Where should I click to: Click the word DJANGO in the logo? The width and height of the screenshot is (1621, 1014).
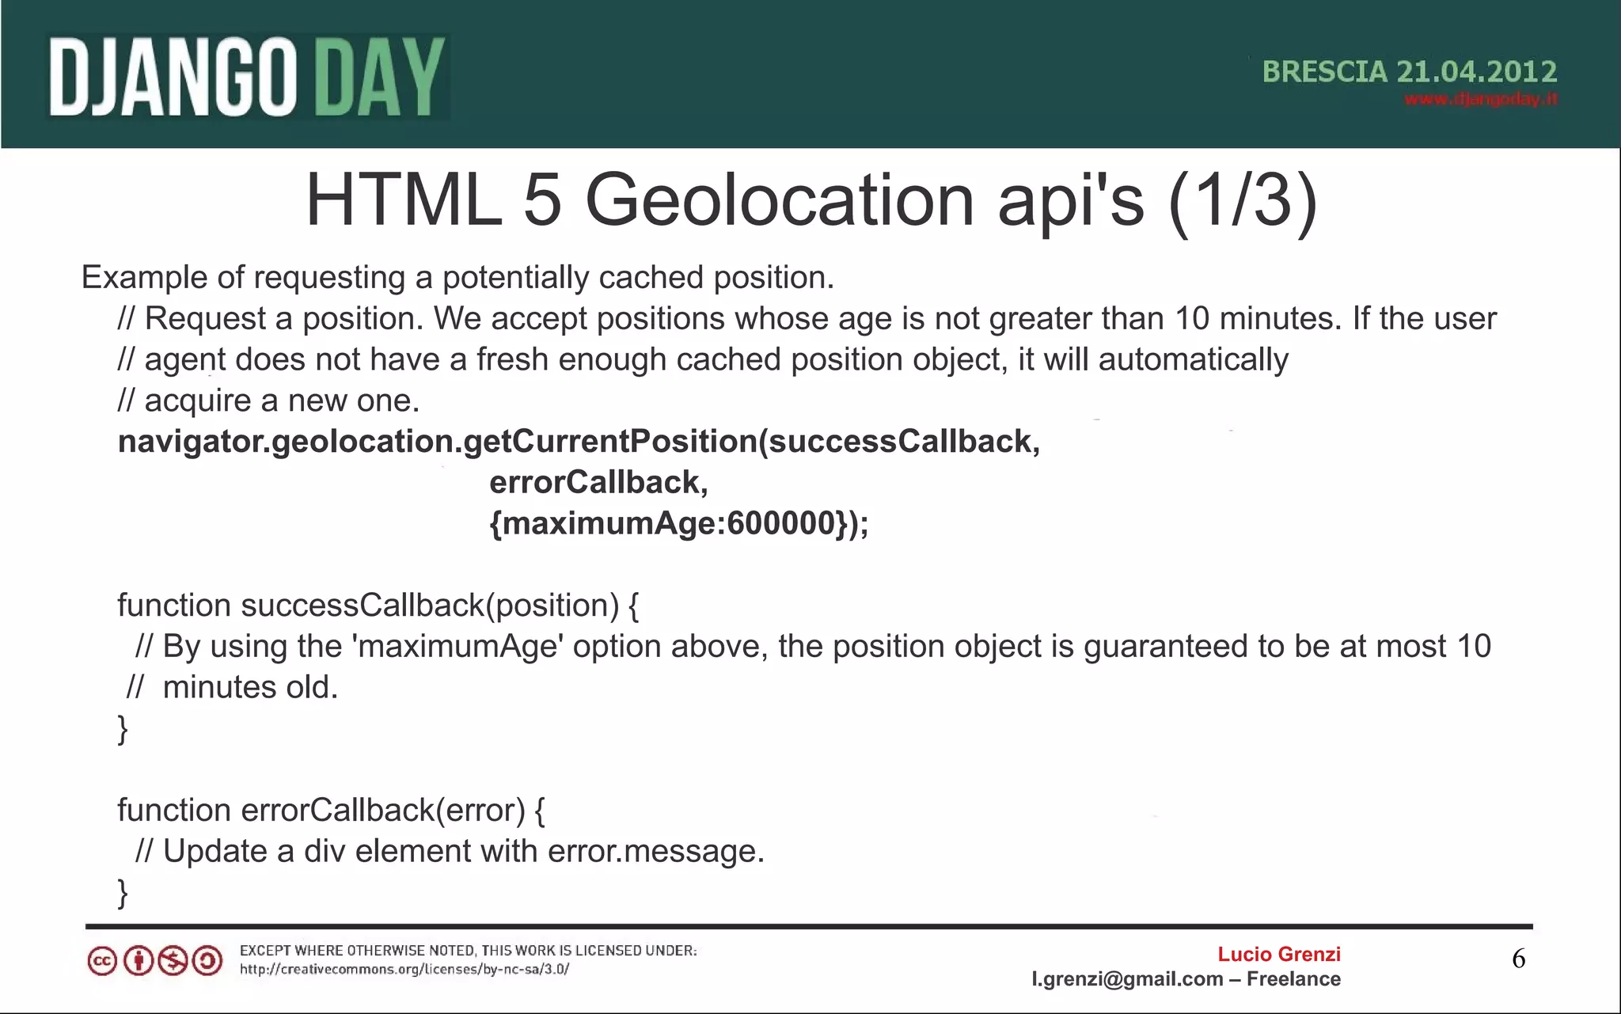tap(173, 78)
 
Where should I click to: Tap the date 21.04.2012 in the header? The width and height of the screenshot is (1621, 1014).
tap(1476, 72)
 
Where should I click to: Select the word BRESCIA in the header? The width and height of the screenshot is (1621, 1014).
tap(1324, 72)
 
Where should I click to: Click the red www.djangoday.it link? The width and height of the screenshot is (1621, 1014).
tap(1480, 99)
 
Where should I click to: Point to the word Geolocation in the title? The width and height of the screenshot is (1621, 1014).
tap(779, 200)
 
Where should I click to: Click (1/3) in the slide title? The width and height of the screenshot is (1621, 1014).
tap(1242, 200)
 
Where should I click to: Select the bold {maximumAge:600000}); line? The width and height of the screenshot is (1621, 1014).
tap(678, 523)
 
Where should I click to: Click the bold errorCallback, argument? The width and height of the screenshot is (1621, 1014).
tap(598, 482)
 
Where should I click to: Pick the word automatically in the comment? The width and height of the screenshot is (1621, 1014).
tap(1193, 360)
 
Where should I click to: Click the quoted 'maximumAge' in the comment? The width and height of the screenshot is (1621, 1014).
tap(457, 647)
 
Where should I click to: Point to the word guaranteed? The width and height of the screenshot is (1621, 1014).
tap(1184, 647)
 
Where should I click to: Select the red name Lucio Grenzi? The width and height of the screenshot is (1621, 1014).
tap(1278, 954)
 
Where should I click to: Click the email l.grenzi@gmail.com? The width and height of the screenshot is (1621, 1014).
tap(1127, 979)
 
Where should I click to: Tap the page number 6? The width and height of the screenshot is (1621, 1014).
tap(1518, 959)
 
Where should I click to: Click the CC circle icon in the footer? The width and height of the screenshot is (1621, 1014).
tap(102, 961)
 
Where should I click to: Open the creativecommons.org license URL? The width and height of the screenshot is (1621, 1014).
tap(404, 969)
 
